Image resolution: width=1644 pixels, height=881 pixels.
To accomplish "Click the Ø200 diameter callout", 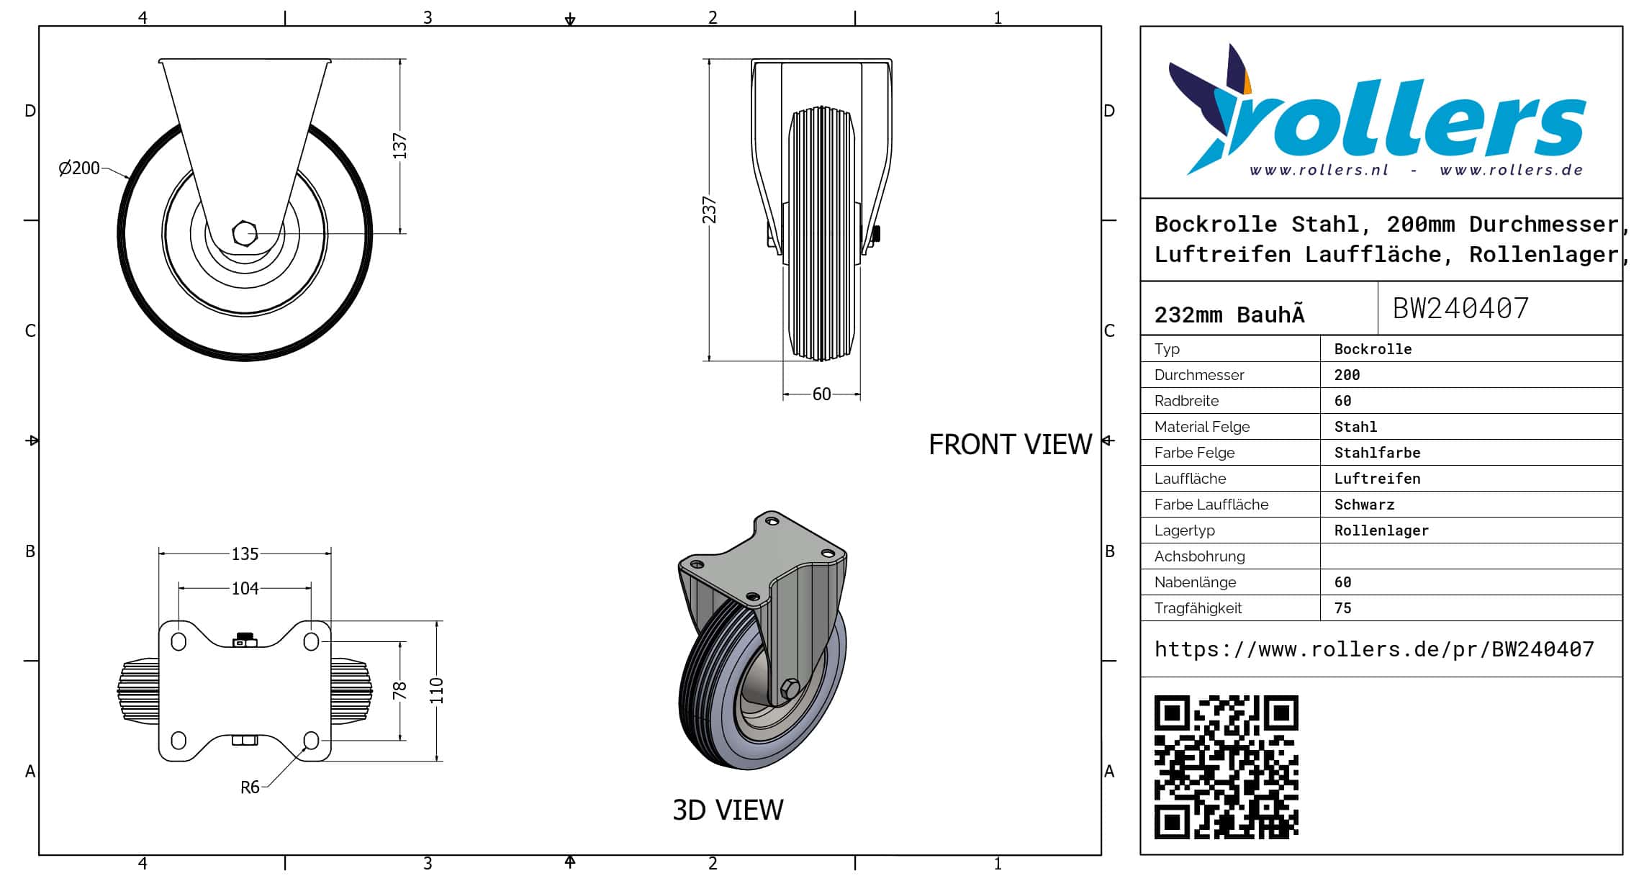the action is (x=79, y=168).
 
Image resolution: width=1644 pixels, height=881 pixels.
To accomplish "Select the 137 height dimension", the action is (x=400, y=146).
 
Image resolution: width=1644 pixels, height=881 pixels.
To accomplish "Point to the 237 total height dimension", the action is (x=710, y=210).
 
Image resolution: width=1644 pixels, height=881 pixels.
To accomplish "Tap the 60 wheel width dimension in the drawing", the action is (x=821, y=394).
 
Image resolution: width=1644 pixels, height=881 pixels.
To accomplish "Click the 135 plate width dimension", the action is (x=245, y=554).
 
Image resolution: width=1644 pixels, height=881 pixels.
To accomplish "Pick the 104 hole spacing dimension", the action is (x=245, y=589).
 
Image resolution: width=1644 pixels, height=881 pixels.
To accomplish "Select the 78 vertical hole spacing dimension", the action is (x=400, y=691).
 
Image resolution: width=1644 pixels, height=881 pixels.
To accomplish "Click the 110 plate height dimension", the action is (x=436, y=691).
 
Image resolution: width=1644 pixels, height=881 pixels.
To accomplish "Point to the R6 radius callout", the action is (x=250, y=787).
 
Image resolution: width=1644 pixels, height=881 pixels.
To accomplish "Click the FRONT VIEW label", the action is (x=1010, y=445).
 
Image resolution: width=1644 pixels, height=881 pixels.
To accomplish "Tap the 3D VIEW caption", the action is (x=728, y=810).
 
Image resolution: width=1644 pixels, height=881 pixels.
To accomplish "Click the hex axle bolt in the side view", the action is (x=245, y=233).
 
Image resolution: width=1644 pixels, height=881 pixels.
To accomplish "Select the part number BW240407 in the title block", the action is (x=1460, y=309).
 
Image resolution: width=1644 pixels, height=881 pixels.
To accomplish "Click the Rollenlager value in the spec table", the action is (x=1381, y=530).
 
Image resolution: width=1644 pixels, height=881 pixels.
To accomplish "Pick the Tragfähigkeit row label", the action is (x=1198, y=608).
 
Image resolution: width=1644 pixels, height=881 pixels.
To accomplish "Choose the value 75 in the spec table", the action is (x=1342, y=608).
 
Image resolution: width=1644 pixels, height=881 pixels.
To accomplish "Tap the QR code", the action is (x=1226, y=767).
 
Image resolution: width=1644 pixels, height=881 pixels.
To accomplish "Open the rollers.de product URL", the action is (x=1374, y=649).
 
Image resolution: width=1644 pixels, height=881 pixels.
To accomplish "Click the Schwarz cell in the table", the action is (x=1364, y=505).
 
